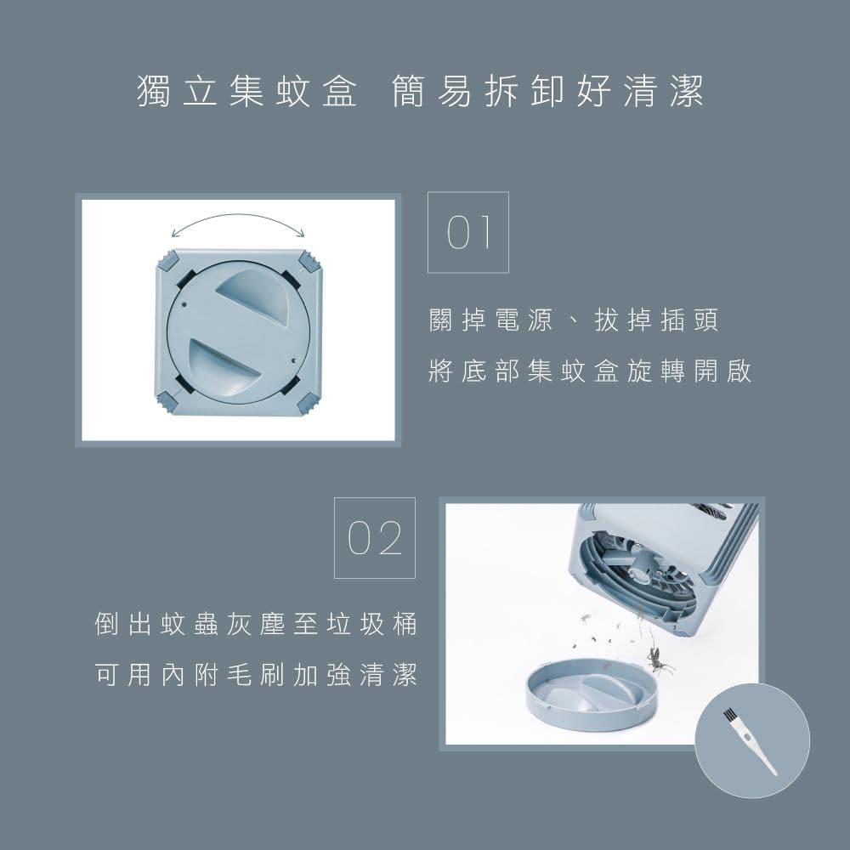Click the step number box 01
[x=467, y=232]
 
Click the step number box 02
[x=374, y=538]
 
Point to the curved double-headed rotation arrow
[x=238, y=223]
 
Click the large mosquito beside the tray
[x=657, y=658]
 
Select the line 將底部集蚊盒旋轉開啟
[x=590, y=372]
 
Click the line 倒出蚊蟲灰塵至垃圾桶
[x=256, y=623]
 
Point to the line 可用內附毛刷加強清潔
[x=256, y=676]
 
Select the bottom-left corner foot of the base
[x=167, y=401]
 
